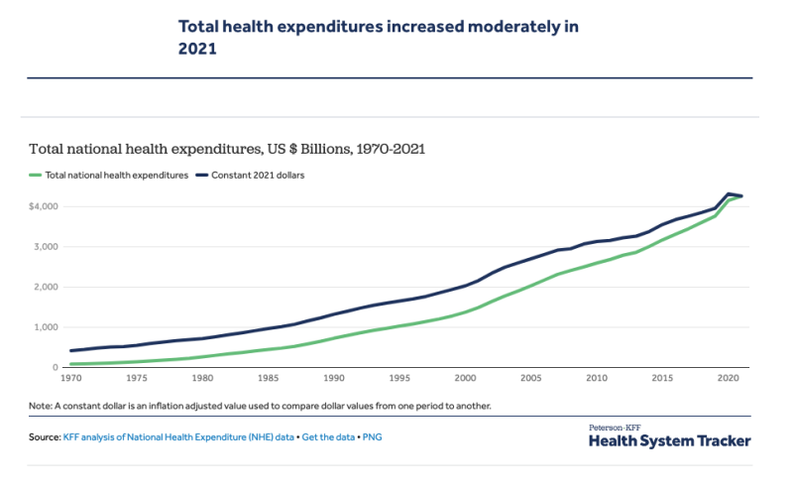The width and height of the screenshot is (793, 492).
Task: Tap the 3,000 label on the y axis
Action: coord(47,247)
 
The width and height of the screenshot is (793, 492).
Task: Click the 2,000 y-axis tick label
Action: coord(47,288)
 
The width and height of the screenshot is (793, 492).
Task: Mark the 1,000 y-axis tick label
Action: coord(47,327)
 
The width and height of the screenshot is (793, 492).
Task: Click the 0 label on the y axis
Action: coord(56,368)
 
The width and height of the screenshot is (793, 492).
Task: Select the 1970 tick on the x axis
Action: coord(70,379)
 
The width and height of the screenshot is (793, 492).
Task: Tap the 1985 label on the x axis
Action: coord(268,379)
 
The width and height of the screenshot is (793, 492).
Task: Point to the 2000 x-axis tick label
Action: coord(465,379)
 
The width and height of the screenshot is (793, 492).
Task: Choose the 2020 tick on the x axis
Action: coord(728,379)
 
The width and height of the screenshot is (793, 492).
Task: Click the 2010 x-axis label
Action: coord(596,379)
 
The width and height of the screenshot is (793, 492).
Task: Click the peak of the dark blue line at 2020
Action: coord(729,194)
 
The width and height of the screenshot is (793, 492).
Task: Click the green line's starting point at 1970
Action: coord(71,364)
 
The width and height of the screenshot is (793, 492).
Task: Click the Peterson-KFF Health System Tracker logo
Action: coord(669,437)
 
